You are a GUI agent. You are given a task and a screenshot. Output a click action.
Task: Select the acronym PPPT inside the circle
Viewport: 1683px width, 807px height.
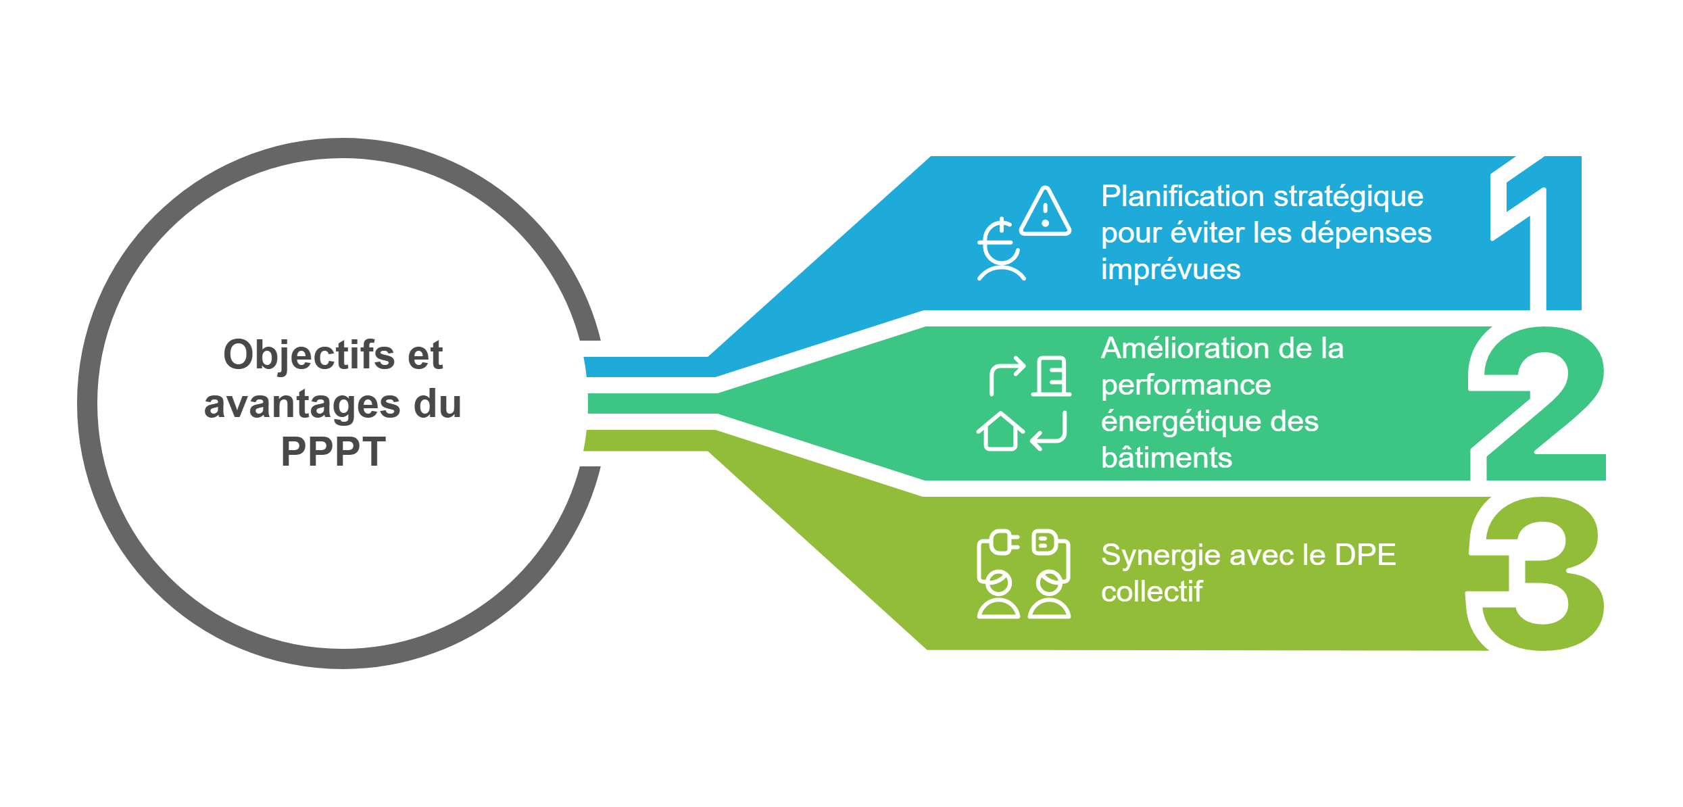[333, 452]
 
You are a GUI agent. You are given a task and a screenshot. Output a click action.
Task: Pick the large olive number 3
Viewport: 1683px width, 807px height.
[1535, 574]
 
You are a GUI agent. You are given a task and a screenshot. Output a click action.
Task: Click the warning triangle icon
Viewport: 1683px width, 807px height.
[1045, 211]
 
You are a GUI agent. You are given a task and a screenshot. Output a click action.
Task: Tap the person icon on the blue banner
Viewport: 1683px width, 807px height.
[1001, 249]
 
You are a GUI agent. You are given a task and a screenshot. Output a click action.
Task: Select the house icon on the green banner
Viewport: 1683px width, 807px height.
[1000, 431]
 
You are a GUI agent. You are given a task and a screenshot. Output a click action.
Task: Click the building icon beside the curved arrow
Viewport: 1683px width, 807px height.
[1051, 376]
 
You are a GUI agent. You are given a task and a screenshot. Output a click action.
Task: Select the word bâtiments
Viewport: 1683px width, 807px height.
[1167, 458]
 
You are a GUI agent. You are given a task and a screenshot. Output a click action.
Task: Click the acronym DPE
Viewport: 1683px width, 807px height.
[1365, 556]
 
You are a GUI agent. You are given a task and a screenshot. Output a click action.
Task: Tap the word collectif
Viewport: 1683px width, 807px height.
[1152, 592]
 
